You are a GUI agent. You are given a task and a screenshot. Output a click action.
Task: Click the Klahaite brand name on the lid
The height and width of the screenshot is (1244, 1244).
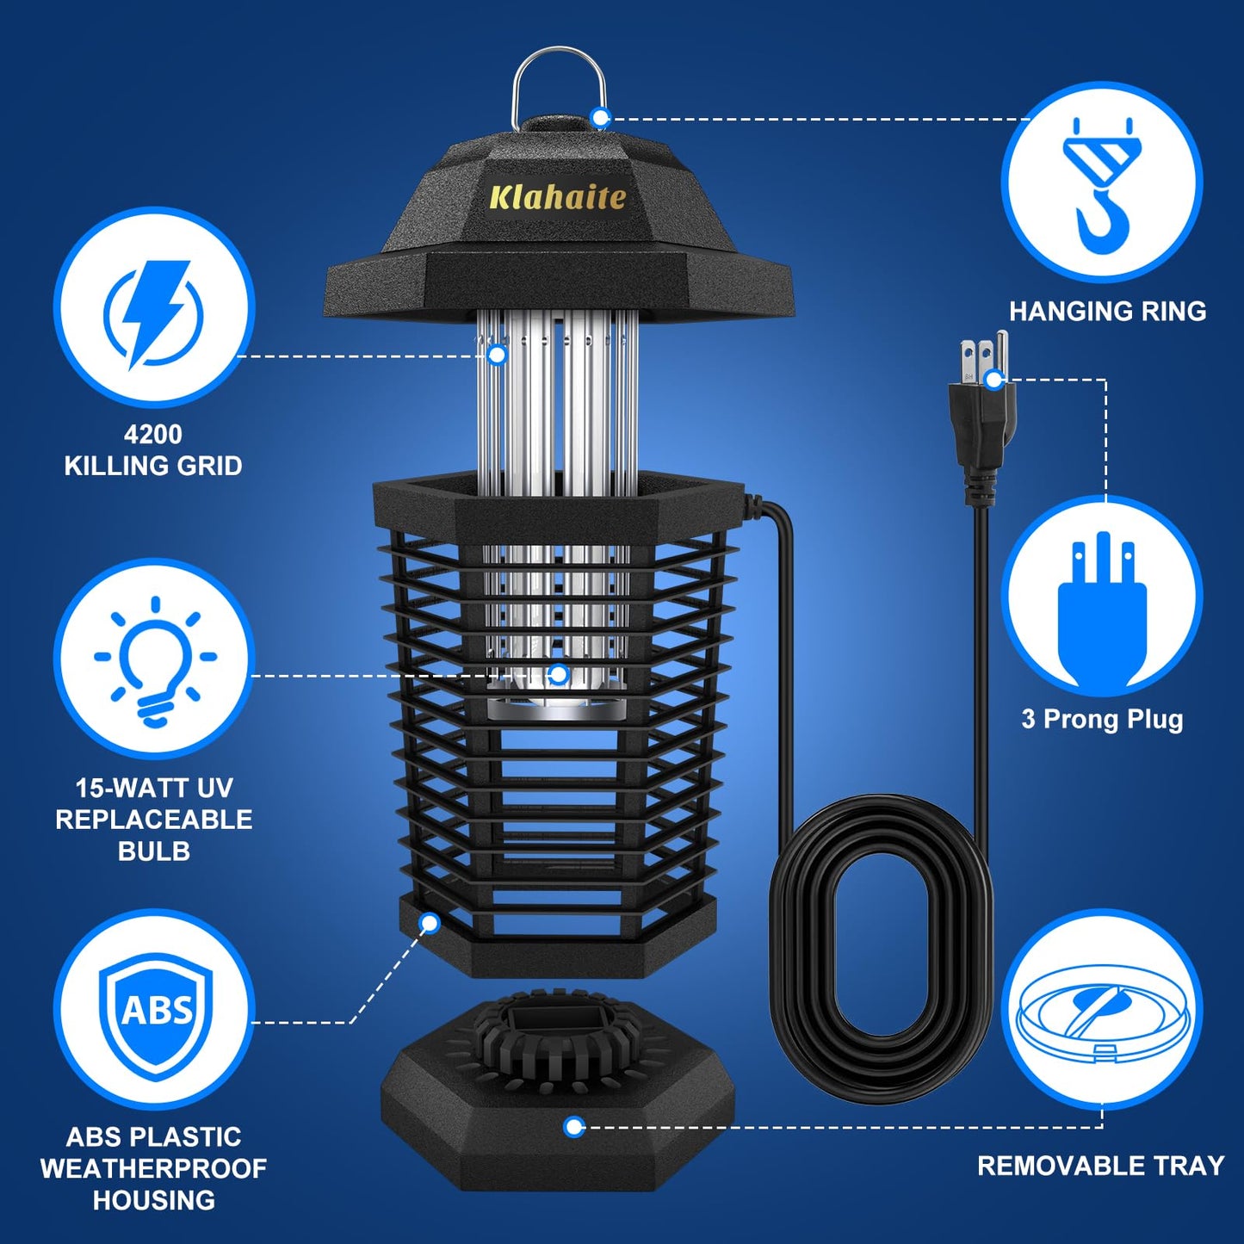pyautogui.click(x=557, y=197)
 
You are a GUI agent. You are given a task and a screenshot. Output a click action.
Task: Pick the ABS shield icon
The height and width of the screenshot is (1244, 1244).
pyautogui.click(x=155, y=1011)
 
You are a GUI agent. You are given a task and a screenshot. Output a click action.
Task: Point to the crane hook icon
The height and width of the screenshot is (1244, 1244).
pyautogui.click(x=1101, y=185)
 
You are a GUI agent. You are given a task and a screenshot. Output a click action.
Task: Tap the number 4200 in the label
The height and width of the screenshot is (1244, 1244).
pyautogui.click(x=153, y=434)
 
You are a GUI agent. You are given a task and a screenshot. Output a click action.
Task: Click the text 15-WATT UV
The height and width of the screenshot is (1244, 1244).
pyautogui.click(x=153, y=788)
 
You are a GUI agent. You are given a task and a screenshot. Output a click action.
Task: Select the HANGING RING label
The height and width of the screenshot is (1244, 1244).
pyautogui.click(x=1107, y=312)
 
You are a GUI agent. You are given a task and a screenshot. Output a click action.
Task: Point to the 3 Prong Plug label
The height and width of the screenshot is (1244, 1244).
pyautogui.click(x=1102, y=719)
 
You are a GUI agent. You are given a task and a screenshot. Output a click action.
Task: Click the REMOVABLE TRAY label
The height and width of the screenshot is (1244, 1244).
pyautogui.click(x=1100, y=1166)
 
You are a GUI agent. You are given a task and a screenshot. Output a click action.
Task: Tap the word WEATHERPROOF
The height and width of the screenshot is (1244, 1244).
pyautogui.click(x=153, y=1168)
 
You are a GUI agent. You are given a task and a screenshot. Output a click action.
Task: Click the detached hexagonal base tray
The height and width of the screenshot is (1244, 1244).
pyautogui.click(x=560, y=1111)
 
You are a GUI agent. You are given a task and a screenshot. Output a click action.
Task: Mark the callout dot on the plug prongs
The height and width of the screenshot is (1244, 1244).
pyautogui.click(x=994, y=379)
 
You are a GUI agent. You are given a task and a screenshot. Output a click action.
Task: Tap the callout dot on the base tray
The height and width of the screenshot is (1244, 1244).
pyautogui.click(x=574, y=1126)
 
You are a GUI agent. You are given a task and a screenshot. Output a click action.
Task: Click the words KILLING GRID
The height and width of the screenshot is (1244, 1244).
pyautogui.click(x=153, y=466)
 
